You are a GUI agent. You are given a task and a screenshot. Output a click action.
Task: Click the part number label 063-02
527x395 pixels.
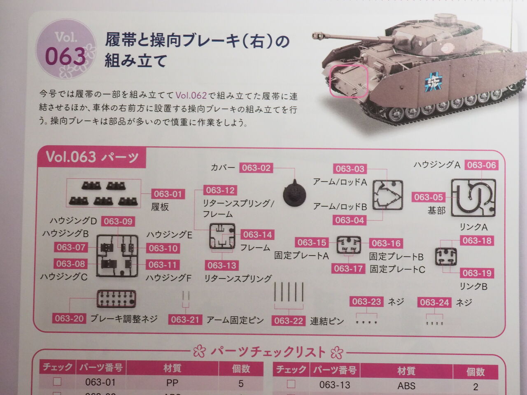tap(256, 168)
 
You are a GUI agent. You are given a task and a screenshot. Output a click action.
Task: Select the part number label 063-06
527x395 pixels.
tap(482, 165)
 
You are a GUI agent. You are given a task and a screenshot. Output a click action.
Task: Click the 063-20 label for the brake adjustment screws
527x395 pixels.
tap(69, 318)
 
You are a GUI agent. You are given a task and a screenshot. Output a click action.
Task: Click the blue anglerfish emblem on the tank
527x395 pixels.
tap(434, 81)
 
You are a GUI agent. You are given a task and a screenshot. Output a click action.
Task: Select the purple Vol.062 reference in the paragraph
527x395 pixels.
tap(191, 95)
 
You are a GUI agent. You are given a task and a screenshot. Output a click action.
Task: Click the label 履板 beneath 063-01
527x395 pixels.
tap(160, 207)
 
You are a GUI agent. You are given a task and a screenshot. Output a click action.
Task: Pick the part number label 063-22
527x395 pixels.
tap(289, 321)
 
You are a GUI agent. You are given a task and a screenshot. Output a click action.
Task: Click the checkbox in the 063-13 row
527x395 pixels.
tap(291, 384)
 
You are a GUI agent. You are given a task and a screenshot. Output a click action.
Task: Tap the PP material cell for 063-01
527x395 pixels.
tap(172, 383)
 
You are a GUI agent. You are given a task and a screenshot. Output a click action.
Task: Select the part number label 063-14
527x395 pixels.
tap(257, 235)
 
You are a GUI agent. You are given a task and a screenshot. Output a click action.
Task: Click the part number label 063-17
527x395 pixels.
tap(348, 269)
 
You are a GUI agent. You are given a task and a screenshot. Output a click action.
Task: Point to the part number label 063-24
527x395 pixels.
tap(434, 302)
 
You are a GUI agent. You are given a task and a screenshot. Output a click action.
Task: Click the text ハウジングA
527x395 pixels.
tap(437, 165)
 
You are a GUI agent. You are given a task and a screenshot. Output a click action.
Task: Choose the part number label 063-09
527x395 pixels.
tap(118, 221)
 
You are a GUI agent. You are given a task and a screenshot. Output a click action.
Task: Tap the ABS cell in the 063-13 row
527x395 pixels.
tap(406, 386)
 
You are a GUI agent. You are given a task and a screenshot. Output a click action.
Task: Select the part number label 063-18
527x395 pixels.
tap(477, 241)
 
